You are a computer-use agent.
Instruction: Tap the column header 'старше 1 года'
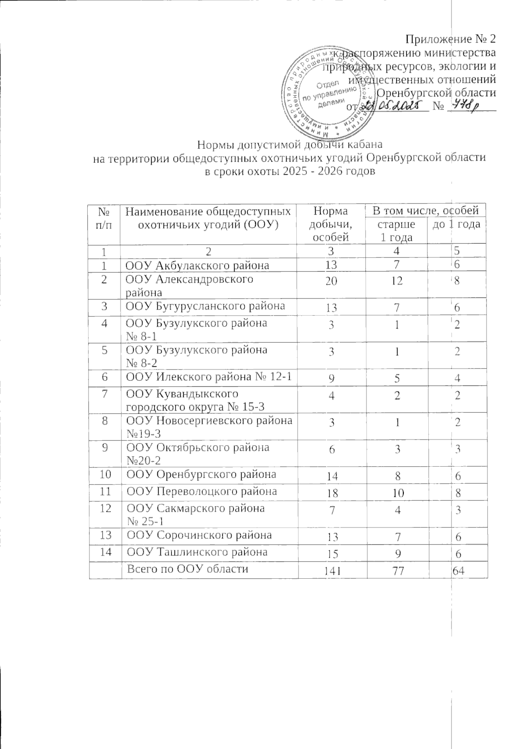coord(396,231)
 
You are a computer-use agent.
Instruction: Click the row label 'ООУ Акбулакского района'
coord(197,265)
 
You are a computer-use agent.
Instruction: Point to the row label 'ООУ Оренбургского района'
coord(201,474)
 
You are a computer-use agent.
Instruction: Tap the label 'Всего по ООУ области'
coord(187,569)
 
